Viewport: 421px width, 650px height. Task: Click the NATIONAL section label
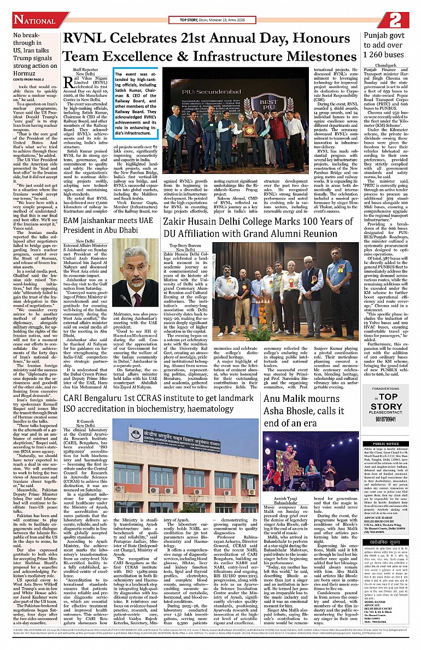[34, 20]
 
